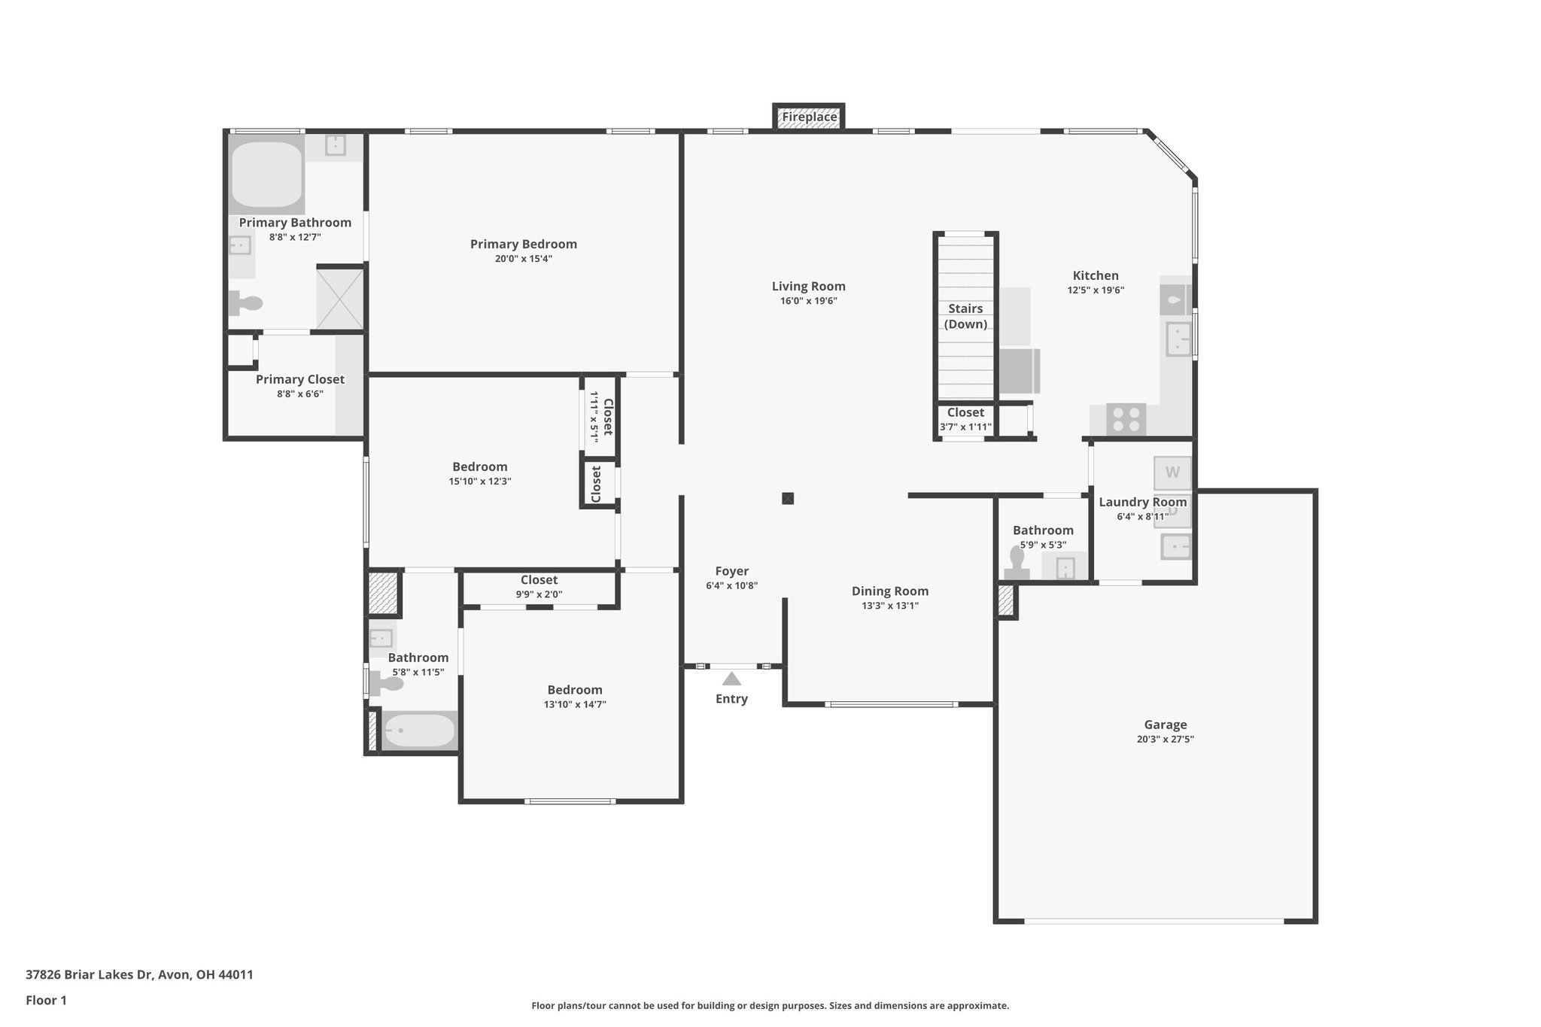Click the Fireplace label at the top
click(x=809, y=117)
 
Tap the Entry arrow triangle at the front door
click(x=731, y=679)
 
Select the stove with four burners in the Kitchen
click(x=1126, y=419)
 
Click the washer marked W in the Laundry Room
click(x=1172, y=472)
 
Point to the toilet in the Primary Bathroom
click(x=246, y=303)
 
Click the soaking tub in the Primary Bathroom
click(x=266, y=175)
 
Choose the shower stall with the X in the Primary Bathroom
click(x=340, y=299)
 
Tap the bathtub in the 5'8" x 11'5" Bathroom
click(x=419, y=730)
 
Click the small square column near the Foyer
click(x=788, y=498)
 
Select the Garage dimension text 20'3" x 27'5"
click(x=1166, y=740)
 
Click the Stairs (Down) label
click(x=965, y=317)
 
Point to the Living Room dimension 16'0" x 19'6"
click(x=809, y=301)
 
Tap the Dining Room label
click(x=890, y=591)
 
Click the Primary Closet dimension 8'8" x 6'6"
click(x=300, y=393)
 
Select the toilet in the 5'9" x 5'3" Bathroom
click(x=1017, y=563)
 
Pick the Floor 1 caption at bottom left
click(x=46, y=1000)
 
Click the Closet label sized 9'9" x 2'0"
click(x=540, y=580)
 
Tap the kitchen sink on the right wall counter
click(x=1178, y=339)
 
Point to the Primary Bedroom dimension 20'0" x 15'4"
click(x=524, y=259)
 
